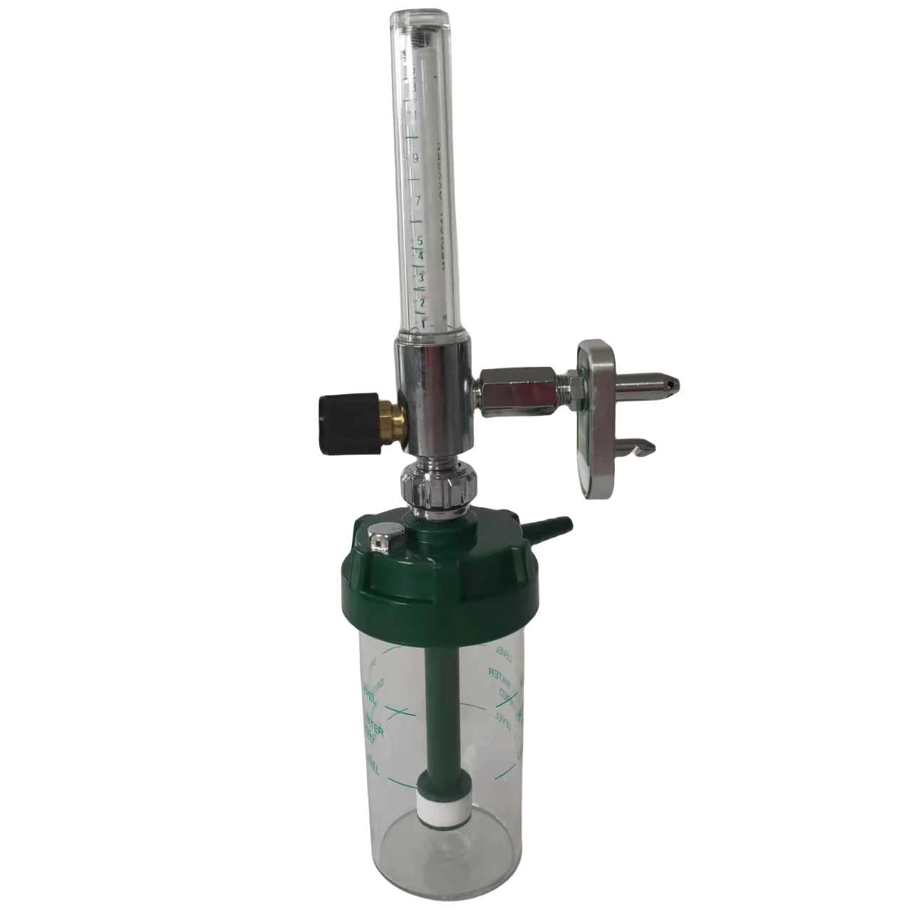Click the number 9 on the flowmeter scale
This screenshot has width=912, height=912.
[x=415, y=157]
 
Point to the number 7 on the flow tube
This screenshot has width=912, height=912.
[x=418, y=202]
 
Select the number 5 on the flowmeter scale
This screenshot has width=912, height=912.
[x=420, y=241]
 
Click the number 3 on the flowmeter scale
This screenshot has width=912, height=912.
[x=422, y=276]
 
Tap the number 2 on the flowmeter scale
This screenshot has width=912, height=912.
[x=423, y=304]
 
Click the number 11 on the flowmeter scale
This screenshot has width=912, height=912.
[x=413, y=114]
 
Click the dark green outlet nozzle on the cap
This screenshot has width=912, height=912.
[x=559, y=528]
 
